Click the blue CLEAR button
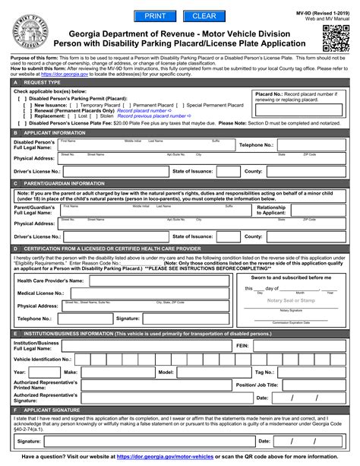pos(204,16)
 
